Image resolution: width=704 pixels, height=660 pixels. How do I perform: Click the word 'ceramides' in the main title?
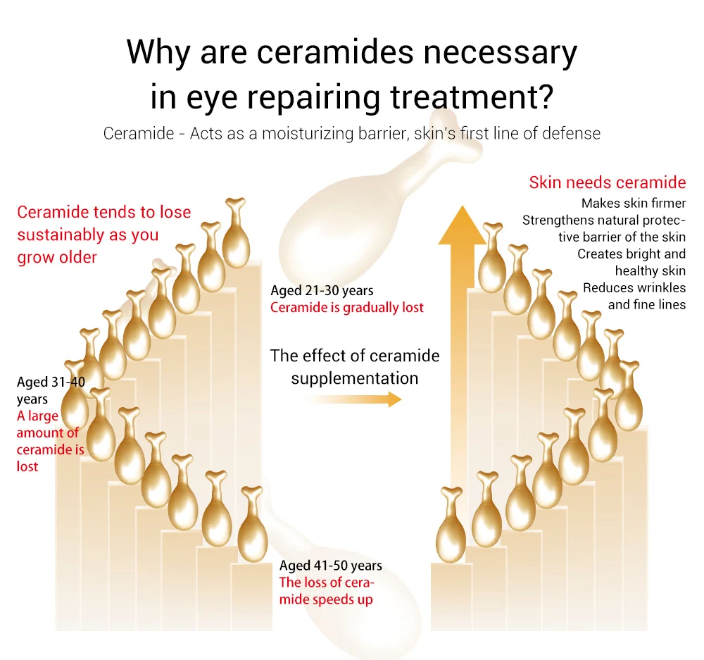334,52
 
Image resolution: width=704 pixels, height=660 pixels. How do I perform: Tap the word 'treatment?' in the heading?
472,97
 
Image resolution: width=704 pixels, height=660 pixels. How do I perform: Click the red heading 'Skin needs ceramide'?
607,182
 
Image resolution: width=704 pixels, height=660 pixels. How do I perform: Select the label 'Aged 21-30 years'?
322,291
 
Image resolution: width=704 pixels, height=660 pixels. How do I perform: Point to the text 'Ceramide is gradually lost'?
346,307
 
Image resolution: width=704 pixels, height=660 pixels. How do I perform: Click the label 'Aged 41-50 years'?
330,565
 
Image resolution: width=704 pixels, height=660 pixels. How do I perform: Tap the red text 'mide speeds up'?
326,599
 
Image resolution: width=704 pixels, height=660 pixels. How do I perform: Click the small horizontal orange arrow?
355,399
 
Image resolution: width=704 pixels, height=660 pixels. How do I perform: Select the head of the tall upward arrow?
462,225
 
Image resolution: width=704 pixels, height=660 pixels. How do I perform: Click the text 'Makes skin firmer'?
634,203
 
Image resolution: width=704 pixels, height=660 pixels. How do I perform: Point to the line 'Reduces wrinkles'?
634,287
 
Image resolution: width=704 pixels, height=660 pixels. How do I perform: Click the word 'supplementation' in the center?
355,378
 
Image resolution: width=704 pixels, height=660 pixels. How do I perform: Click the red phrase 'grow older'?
57,257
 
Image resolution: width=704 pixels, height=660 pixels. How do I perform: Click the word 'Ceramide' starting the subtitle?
139,133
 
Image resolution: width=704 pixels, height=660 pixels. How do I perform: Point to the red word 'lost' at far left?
27,466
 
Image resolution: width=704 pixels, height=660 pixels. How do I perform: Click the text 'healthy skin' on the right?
650,271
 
